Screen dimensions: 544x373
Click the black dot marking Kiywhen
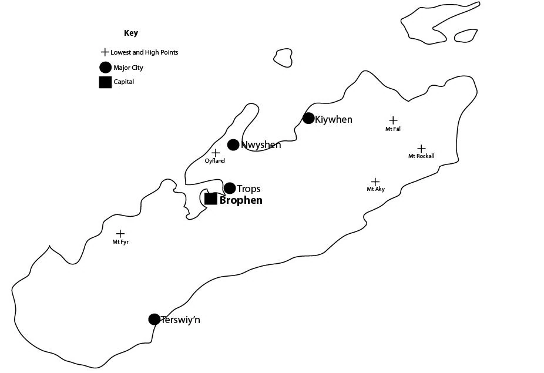click(308, 118)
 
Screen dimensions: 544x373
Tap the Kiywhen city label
click(334, 119)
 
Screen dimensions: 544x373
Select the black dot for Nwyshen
click(233, 145)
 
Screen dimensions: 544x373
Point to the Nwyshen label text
click(261, 145)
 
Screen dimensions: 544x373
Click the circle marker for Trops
click(230, 188)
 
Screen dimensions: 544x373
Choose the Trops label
click(249, 189)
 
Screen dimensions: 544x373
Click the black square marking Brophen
click(211, 199)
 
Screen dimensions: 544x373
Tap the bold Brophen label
click(241, 200)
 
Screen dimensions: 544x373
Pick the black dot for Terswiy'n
click(154, 319)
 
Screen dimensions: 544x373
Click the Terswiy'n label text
click(180, 320)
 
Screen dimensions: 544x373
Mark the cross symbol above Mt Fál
click(393, 120)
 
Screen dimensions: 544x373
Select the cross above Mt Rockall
click(421, 149)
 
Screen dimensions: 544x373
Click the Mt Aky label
click(375, 189)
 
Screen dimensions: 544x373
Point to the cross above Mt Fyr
click(120, 234)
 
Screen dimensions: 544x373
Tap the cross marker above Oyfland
click(216, 153)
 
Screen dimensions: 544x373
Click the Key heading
click(131, 33)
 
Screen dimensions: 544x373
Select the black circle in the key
click(105, 68)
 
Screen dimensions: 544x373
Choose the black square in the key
click(105, 82)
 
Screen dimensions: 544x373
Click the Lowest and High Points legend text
click(144, 52)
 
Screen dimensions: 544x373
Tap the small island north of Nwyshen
click(283, 57)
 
